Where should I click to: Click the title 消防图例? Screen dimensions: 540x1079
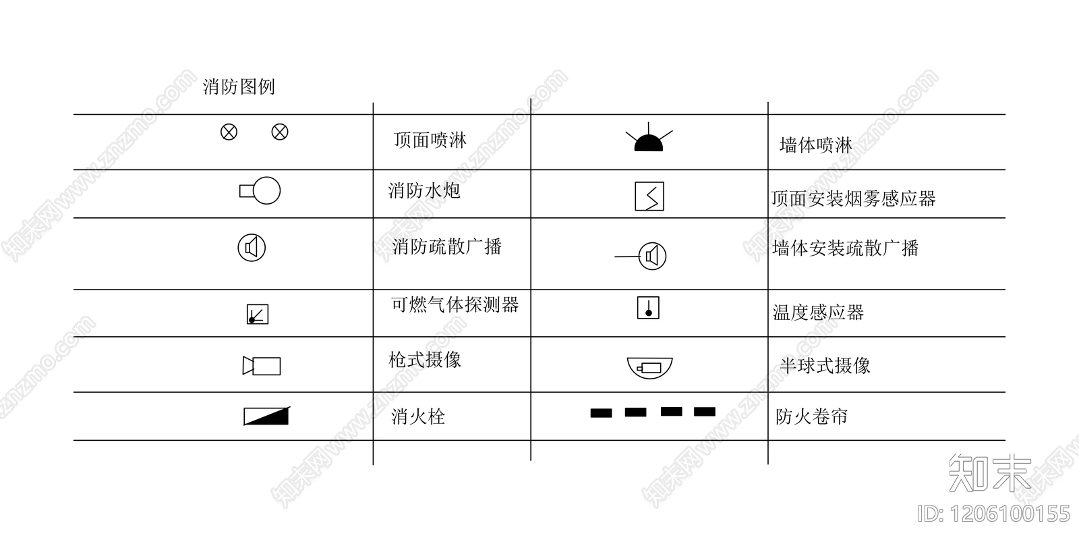239,87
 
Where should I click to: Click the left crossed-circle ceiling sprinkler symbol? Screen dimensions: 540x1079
229,132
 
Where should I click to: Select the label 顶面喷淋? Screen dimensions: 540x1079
430,140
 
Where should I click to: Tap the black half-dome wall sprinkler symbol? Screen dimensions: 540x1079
649,142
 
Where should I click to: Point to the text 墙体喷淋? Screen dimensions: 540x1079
815,145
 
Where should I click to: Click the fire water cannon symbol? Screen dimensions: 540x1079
260,191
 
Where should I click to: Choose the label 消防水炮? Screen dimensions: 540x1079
424,190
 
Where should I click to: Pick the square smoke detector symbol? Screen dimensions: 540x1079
649,196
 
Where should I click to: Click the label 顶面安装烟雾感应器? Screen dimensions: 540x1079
853,198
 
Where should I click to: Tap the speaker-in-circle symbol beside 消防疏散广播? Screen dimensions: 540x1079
252,248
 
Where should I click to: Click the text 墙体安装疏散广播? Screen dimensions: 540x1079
845,248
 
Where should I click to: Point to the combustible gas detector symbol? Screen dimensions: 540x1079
258,315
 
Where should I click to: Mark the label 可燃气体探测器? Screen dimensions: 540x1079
455,305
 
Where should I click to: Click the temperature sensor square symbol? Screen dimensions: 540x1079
648,308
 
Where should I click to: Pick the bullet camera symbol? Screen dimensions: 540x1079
262,366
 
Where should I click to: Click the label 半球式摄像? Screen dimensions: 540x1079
825,366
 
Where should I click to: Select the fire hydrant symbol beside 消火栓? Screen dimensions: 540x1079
266,416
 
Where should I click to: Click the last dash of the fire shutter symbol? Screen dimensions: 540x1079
705,412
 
